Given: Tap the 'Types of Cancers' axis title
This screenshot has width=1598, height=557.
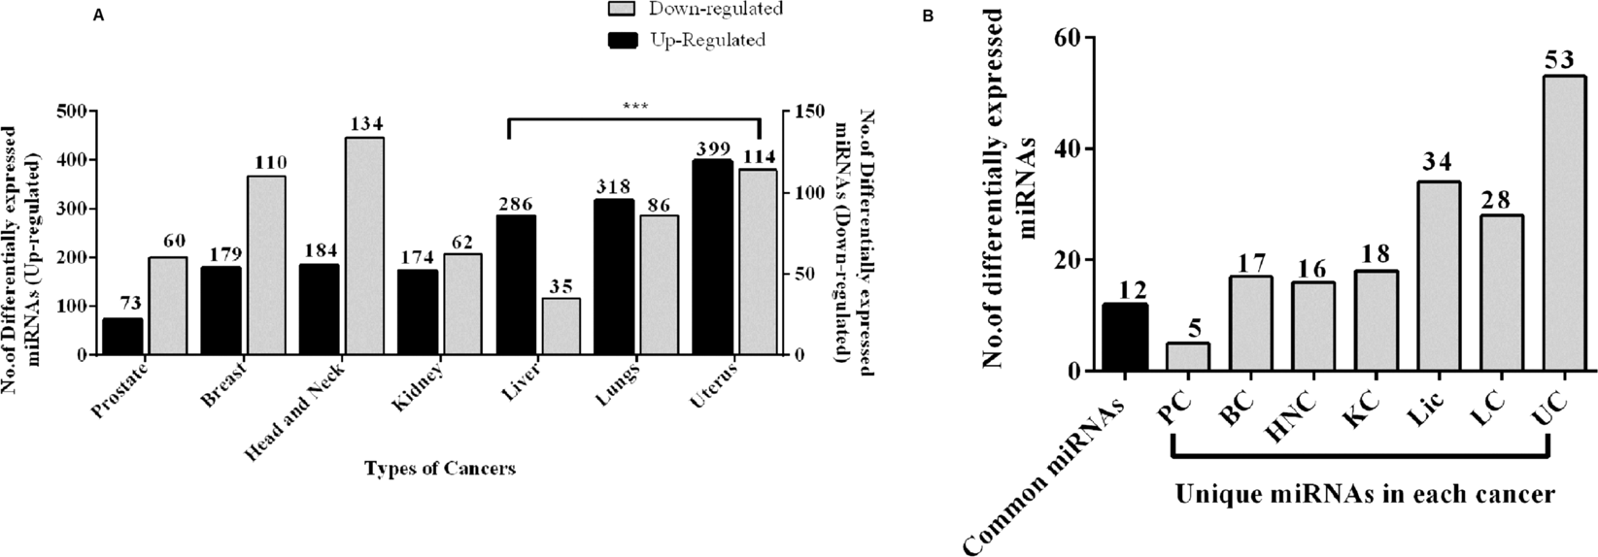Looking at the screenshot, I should pyautogui.click(x=440, y=469).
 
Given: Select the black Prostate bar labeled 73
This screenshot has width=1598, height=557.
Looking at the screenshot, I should pyautogui.click(x=122, y=337).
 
